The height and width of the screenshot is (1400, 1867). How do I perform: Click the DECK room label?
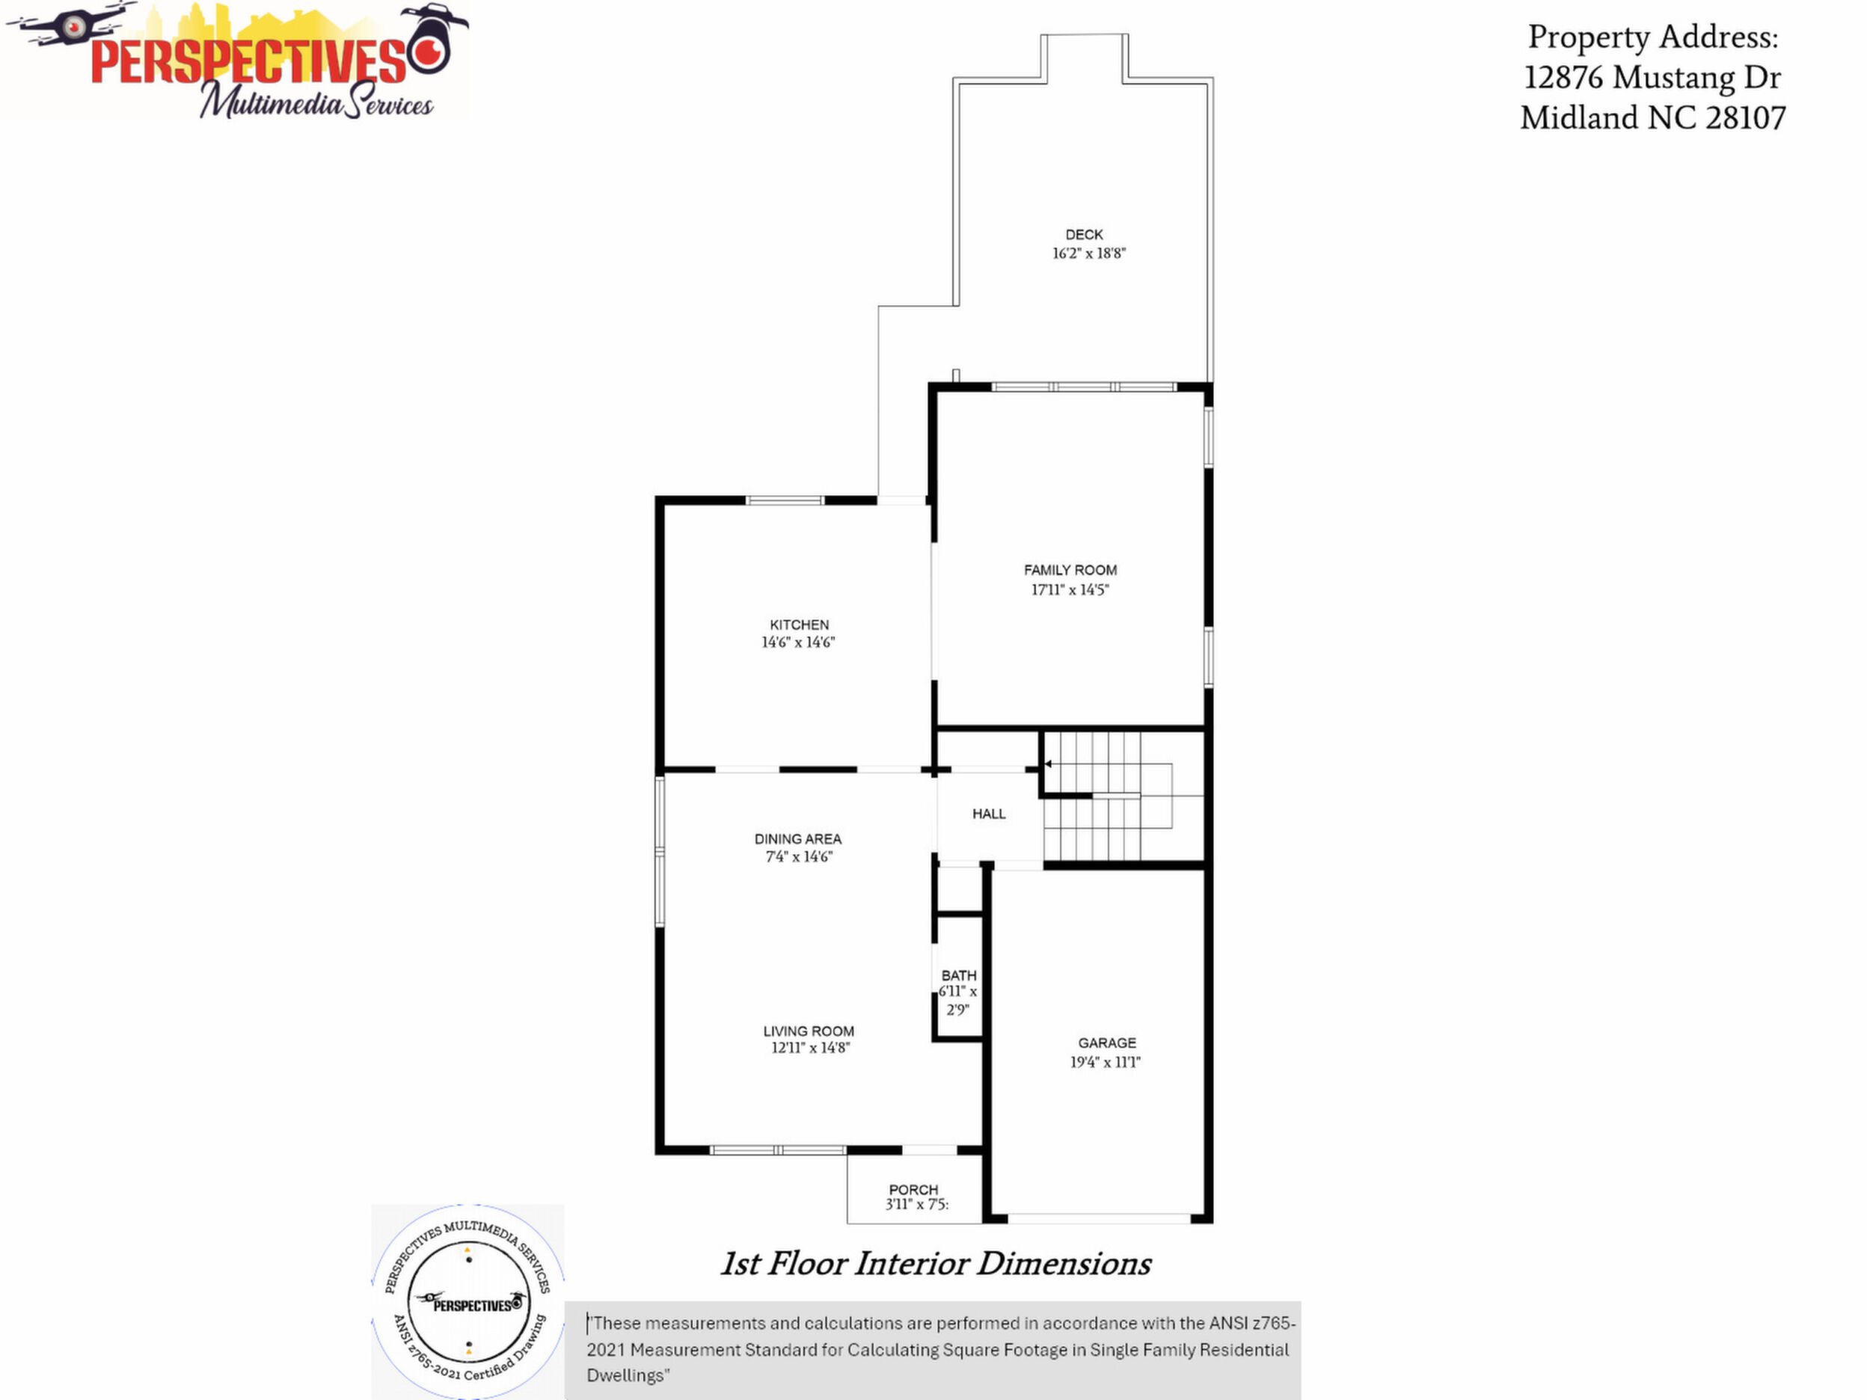[x=1084, y=235]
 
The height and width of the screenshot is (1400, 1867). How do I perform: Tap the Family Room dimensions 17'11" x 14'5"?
[x=1070, y=590]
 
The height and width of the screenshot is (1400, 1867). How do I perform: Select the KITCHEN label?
[x=800, y=624]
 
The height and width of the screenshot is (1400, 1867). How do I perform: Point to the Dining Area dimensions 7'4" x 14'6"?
[x=798, y=856]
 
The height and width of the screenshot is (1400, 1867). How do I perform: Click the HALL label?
[x=989, y=814]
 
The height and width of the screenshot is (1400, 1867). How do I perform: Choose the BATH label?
[x=959, y=975]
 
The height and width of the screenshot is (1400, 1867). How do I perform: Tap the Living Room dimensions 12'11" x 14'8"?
[x=810, y=1048]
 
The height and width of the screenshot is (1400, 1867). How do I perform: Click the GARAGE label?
[x=1107, y=1043]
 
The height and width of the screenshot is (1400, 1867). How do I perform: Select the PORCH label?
[x=914, y=1189]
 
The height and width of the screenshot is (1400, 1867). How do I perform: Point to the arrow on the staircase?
[x=1047, y=764]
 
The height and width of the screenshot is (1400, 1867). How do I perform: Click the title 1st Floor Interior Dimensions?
[x=935, y=1263]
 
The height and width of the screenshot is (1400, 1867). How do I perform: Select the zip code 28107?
[x=1746, y=117]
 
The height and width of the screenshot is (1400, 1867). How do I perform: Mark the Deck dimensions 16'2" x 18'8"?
[x=1089, y=254]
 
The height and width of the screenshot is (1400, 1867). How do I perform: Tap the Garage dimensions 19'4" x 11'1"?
[x=1106, y=1063]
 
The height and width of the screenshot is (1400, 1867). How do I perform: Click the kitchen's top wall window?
[x=785, y=500]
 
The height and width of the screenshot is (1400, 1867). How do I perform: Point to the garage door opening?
[x=1099, y=1218]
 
